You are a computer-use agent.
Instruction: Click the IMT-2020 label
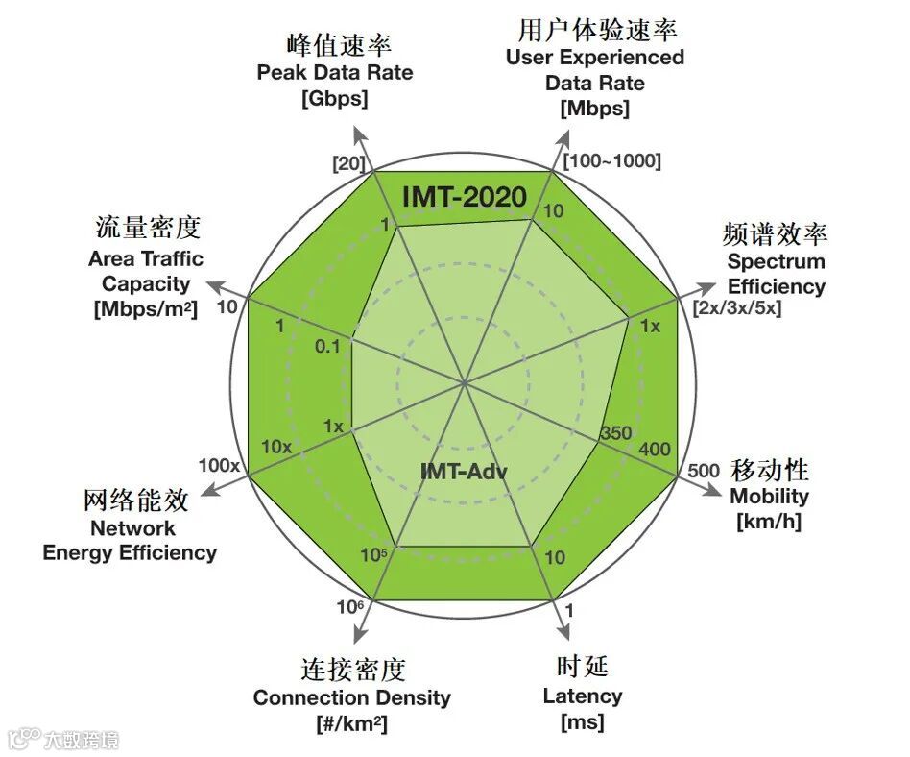coord(465,197)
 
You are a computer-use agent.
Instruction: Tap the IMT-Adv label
coord(464,472)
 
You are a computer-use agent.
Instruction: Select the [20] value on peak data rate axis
coord(347,163)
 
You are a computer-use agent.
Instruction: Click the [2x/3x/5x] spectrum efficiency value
coord(737,308)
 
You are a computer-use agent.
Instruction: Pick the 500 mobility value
coord(704,471)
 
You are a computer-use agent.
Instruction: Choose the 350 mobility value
coord(615,433)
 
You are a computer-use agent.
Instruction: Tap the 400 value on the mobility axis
coord(655,450)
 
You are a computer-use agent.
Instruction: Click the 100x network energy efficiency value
coord(219,466)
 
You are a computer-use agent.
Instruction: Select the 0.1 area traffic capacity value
coord(327,347)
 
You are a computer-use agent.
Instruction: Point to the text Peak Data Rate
coord(335,73)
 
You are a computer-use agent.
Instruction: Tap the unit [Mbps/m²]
coord(144,309)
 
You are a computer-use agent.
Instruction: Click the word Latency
coord(583,696)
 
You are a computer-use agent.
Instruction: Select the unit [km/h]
coord(769,522)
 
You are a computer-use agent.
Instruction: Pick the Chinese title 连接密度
coord(352,669)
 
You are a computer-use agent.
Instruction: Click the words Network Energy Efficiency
coord(131,541)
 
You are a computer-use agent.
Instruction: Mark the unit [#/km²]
coord(351,723)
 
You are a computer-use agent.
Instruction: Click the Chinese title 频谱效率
coord(775,234)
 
